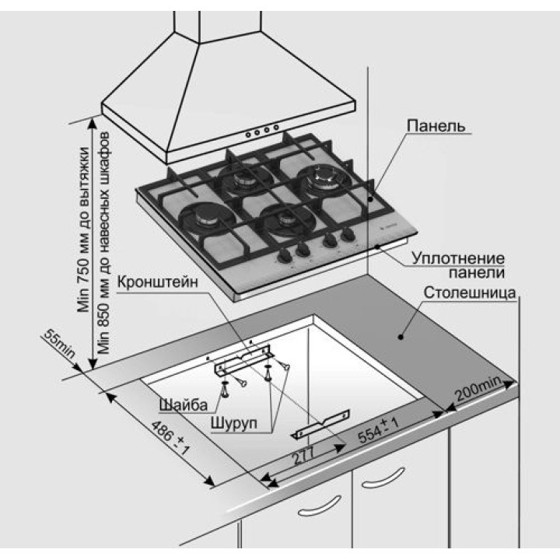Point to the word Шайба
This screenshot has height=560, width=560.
182,405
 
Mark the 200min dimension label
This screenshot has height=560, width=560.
478,390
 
